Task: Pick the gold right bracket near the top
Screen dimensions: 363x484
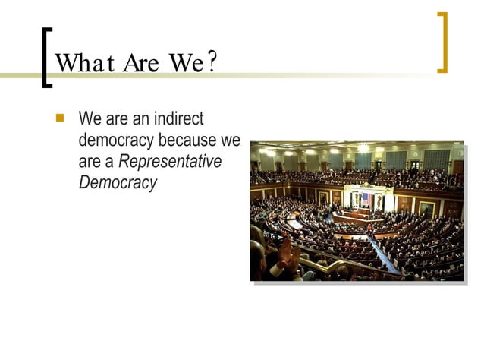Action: click(442, 43)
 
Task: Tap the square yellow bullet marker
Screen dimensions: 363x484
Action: click(62, 118)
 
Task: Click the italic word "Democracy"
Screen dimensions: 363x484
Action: click(118, 183)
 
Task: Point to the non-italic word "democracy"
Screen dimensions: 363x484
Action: click(117, 140)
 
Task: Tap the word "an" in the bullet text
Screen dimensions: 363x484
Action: click(140, 119)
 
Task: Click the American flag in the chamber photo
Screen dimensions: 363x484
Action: click(367, 199)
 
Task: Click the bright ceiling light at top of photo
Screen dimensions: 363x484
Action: click(363, 148)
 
